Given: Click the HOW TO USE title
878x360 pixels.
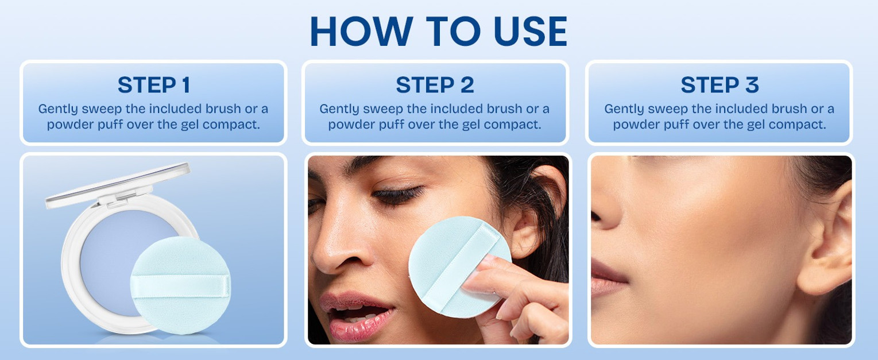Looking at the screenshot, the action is (x=439, y=32).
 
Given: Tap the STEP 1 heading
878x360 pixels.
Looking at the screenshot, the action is (x=154, y=85).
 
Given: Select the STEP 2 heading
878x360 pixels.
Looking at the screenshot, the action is (x=435, y=85).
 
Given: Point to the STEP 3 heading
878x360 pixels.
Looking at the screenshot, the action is (x=720, y=85).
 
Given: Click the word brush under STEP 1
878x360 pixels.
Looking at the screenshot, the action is (x=223, y=109).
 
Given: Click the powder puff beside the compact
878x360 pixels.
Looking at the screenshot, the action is (x=181, y=285).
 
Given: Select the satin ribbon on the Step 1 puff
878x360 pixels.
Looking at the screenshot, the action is (x=181, y=287).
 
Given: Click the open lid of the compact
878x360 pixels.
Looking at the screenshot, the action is (x=118, y=185).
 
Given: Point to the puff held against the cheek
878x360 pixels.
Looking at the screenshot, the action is (x=459, y=267).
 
